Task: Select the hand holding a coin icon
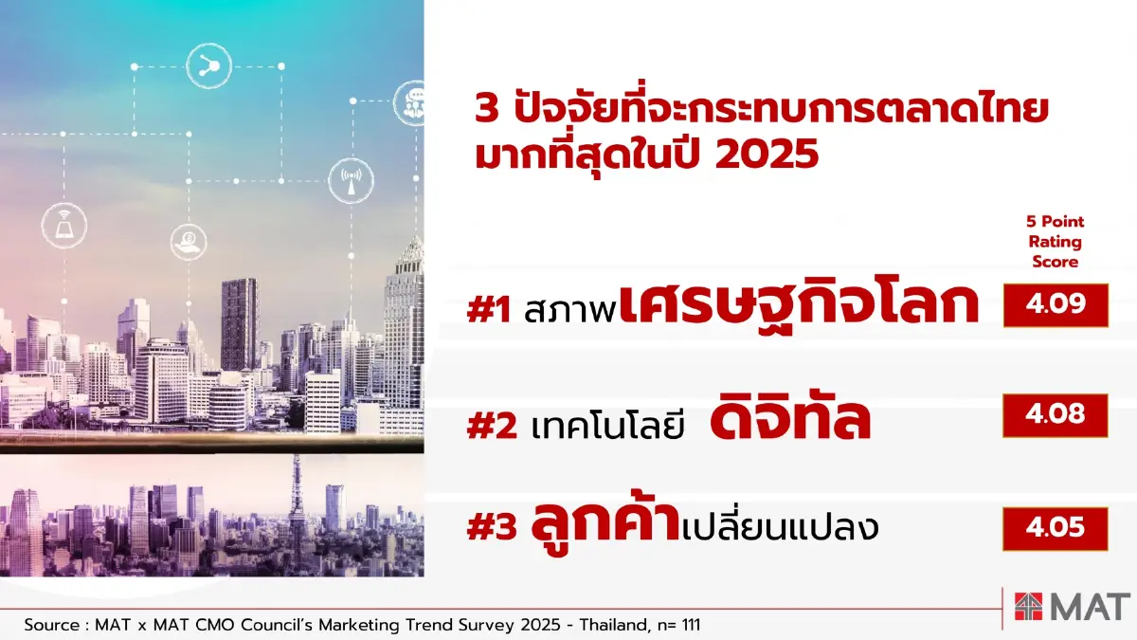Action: (189, 242)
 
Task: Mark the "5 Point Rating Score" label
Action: (1055, 242)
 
